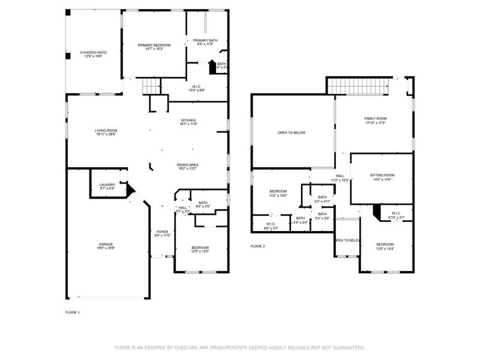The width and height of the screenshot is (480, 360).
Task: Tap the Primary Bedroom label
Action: pos(154,46)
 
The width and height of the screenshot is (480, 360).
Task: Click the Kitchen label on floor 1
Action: pos(189,120)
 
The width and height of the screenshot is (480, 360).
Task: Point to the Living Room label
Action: pos(106,130)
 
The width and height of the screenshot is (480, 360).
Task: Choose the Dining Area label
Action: pos(187,164)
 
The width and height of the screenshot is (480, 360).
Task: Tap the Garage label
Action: pos(106,244)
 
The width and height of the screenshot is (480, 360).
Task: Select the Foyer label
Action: pos(162,232)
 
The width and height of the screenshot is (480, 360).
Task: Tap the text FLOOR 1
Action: pos(73,312)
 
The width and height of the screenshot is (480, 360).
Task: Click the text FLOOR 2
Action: pos(257,246)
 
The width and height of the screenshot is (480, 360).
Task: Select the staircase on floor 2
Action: pos(356,86)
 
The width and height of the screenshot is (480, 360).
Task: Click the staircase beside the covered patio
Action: pos(151,88)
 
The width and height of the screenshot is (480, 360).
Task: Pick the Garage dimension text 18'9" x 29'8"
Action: pos(106,248)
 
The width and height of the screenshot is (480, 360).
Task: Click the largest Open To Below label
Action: pos(292,133)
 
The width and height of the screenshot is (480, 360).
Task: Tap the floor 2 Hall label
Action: pos(339,176)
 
